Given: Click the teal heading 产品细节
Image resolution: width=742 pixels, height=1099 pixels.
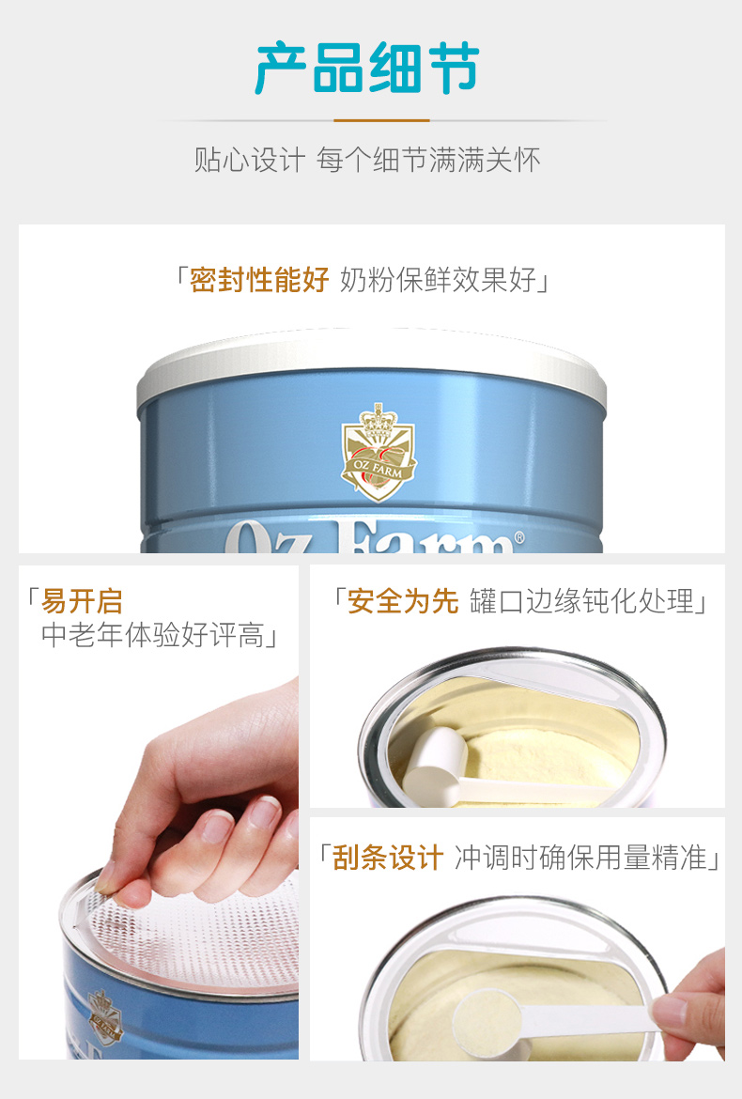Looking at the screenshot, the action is tap(366, 68).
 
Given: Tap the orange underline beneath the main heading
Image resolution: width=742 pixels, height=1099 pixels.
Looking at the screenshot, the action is tap(381, 120).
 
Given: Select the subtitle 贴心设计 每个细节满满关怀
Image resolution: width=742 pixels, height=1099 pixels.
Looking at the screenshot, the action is tap(367, 160).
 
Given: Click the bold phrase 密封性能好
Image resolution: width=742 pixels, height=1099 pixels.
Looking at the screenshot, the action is tap(259, 280).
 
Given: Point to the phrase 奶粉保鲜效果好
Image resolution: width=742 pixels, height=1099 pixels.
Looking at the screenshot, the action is tap(438, 280).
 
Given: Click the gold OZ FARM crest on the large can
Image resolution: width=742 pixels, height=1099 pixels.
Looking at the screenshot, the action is tap(378, 452).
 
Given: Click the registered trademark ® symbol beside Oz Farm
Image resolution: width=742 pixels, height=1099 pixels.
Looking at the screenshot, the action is tap(518, 537).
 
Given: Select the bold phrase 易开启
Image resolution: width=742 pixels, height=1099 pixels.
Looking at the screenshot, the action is tap(82, 601).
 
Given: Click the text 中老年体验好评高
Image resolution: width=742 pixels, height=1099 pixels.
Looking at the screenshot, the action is tap(152, 635).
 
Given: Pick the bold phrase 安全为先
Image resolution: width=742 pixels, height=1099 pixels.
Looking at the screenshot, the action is tap(403, 601).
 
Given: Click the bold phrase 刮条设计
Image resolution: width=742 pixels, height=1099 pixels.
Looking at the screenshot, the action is tap(388, 858).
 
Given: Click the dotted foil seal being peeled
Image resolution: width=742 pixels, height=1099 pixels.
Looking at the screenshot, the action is tap(189, 932).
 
